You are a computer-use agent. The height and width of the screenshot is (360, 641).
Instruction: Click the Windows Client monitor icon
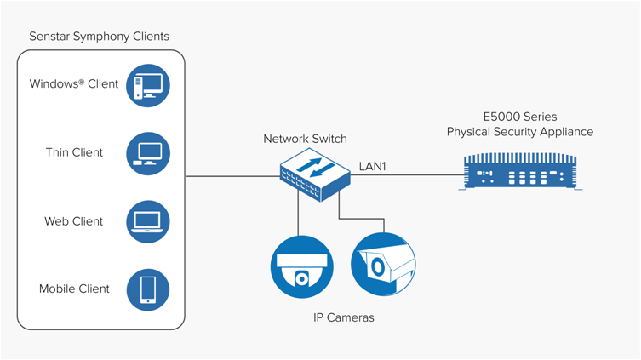click(147, 84)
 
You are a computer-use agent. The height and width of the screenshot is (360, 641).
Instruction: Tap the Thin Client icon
click(147, 152)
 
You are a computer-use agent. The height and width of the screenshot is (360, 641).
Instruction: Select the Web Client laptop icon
click(147, 220)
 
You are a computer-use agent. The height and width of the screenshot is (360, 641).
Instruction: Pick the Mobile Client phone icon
click(147, 289)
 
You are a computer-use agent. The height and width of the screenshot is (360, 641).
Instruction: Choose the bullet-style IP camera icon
click(383, 264)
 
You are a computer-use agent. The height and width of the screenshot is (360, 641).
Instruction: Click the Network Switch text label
click(305, 139)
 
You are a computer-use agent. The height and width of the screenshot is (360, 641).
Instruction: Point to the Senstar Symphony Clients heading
click(99, 37)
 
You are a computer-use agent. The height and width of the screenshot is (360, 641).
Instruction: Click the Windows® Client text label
click(74, 84)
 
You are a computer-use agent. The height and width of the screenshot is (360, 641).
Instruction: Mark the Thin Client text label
click(74, 153)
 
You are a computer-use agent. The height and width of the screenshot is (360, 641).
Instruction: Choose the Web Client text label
click(74, 221)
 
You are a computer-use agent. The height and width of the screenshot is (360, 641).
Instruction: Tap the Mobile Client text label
click(74, 289)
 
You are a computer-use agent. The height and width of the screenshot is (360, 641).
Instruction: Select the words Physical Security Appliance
click(520, 132)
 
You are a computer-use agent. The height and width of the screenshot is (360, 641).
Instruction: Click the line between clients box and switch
click(232, 176)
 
